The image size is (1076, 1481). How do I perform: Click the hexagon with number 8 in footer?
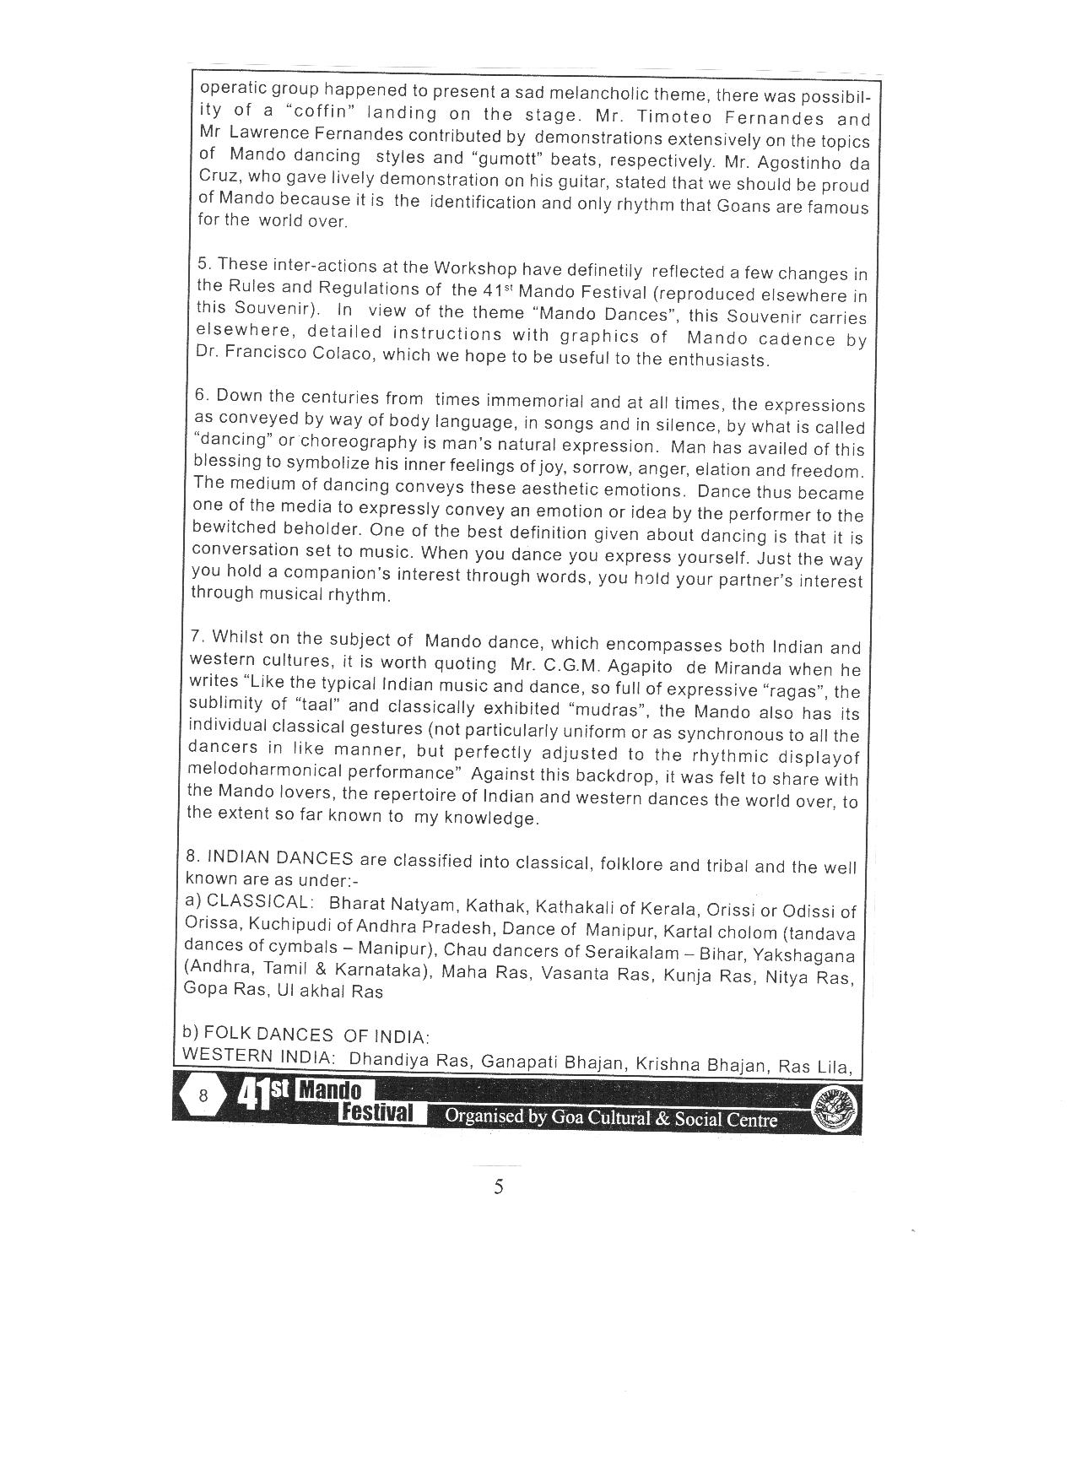[203, 1095]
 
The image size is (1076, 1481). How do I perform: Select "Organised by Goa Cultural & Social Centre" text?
[610, 1116]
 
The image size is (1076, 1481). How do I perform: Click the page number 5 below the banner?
[499, 1187]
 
